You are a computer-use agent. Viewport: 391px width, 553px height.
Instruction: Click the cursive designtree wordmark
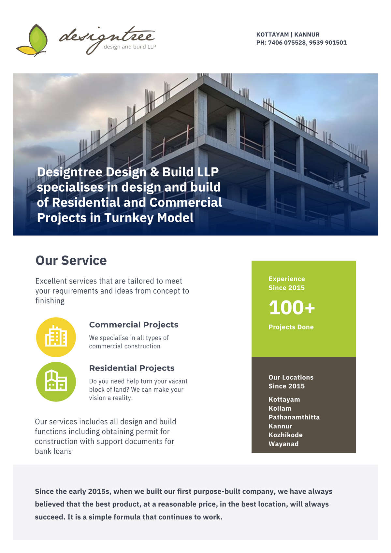pos(107,39)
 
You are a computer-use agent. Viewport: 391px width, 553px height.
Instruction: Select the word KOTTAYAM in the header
pos(272,35)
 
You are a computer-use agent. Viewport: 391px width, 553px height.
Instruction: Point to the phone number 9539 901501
pos(328,43)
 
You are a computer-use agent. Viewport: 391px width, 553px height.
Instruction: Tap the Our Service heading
pos(71,260)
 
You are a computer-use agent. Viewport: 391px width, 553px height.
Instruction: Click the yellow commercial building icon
pos(56,337)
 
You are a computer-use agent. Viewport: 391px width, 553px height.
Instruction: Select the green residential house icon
pos(56,382)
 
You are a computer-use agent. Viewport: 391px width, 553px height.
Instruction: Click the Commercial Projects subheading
pos(134,325)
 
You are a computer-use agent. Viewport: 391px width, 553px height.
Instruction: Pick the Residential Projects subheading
pos(132,368)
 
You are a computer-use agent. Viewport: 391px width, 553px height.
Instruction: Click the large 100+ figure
pos(292,308)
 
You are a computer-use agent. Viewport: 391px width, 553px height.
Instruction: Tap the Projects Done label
pos(291,327)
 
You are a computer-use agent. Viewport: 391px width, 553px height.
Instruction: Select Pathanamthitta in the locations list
pos(294,417)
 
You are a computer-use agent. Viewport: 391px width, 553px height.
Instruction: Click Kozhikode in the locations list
pos(286,435)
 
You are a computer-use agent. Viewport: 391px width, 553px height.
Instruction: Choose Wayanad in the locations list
pos(283,444)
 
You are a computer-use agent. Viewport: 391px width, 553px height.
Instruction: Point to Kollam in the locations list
pos(280,408)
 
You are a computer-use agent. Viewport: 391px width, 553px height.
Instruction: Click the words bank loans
pos(53,451)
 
